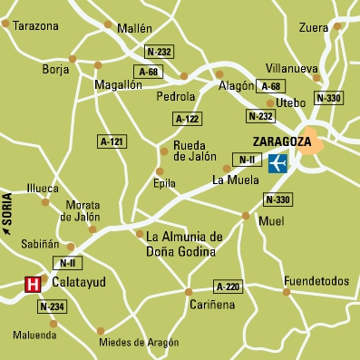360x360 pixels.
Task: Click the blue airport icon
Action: coord(278,161)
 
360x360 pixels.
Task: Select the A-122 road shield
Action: coord(187,119)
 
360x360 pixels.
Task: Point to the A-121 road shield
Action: coord(112,141)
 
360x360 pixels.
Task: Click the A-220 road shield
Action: coord(230,287)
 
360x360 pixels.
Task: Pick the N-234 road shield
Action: coord(52,307)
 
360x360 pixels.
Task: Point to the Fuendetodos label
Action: coord(316,281)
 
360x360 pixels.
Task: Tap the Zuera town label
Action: coord(314,28)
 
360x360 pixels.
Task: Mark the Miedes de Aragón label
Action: coord(139,342)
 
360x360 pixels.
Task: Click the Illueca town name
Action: coord(44,189)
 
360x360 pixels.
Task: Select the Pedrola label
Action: coord(176,95)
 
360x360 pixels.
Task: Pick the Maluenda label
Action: coord(34,335)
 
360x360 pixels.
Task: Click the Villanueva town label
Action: coord(292,68)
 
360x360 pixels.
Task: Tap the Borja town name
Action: coord(56,69)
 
